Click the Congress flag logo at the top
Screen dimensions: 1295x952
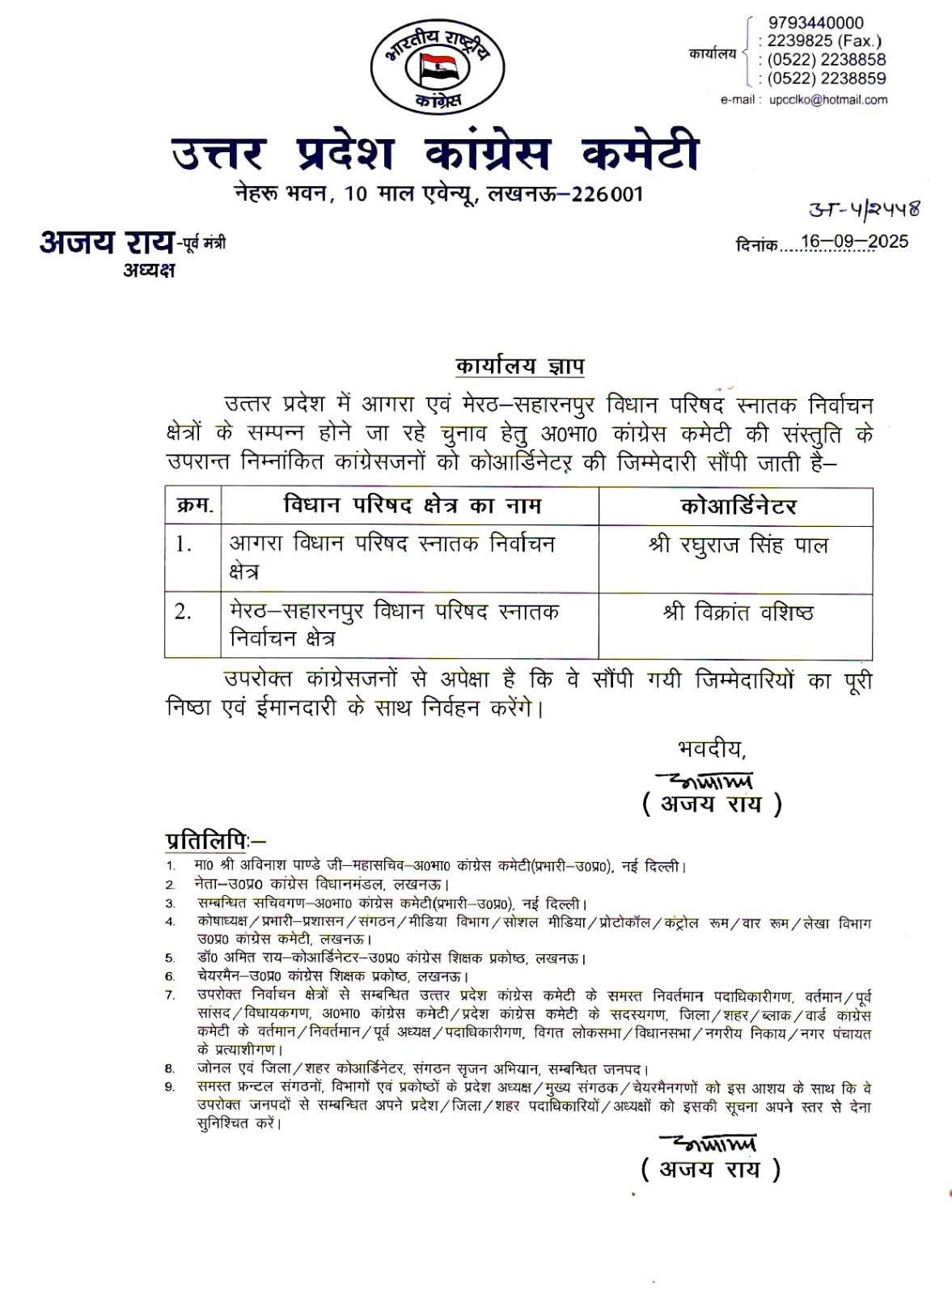click(437, 66)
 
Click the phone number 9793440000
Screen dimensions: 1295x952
click(815, 23)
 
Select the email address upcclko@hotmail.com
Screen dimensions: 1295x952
click(827, 100)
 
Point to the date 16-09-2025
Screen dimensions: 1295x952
click(854, 242)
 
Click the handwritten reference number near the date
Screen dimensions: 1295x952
click(864, 209)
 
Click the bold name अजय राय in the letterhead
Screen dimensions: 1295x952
click(107, 242)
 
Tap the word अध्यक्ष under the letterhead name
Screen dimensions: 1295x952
click(149, 270)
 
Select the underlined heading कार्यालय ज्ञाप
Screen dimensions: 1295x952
click(519, 367)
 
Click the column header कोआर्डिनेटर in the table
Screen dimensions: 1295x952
click(738, 507)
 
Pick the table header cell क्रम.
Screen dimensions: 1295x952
click(194, 507)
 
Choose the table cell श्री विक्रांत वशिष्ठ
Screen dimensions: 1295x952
click(738, 613)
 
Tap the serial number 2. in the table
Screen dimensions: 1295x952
click(184, 612)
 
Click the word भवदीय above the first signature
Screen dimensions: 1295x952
click(710, 749)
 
